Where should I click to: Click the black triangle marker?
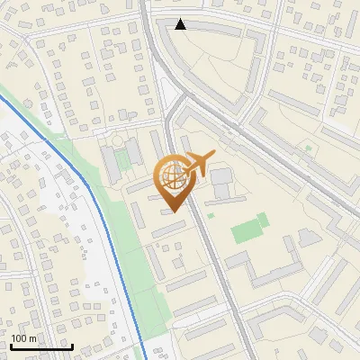point(181,24)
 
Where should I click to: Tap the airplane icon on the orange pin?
point(197,163)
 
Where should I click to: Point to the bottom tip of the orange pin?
point(172,211)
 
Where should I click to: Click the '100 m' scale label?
point(24,338)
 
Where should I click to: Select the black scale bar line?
point(41,346)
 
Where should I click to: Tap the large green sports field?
point(250,229)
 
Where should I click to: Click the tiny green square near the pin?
point(210,215)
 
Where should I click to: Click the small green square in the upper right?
point(308,148)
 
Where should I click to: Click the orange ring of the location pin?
point(159,176)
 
